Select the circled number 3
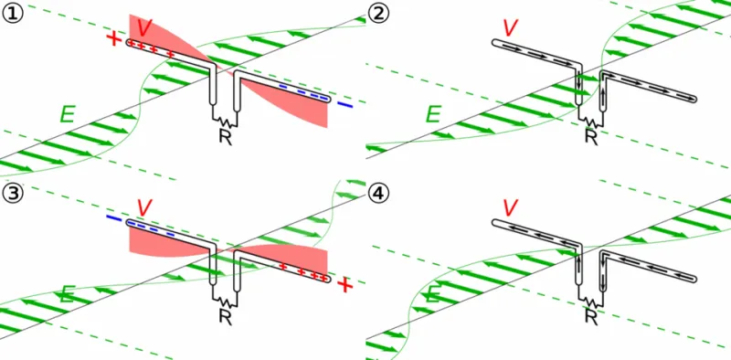[12, 193]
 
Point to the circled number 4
[378, 193]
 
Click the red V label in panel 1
[145, 28]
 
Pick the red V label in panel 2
[511, 28]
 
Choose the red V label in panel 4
[511, 208]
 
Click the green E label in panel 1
[68, 114]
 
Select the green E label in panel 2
[433, 114]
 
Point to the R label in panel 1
[226, 136]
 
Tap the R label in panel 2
[591, 136]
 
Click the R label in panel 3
[226, 316]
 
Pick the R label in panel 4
[591, 316]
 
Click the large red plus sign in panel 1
[113, 38]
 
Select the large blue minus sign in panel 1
[345, 105]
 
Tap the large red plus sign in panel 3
[345, 284]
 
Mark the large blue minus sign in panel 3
[113, 217]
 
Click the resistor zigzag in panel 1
[226, 122]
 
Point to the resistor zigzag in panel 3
[226, 302]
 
